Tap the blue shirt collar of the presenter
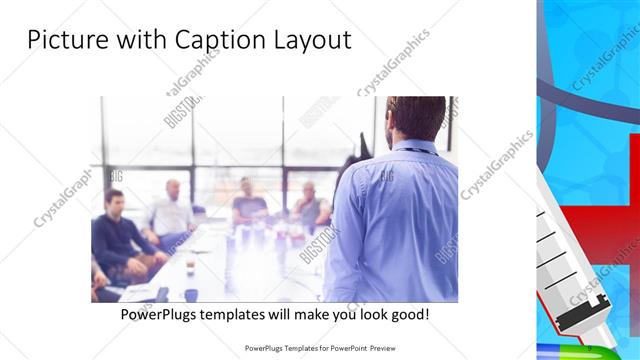415,147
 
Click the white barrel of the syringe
560,265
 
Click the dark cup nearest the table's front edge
191,295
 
